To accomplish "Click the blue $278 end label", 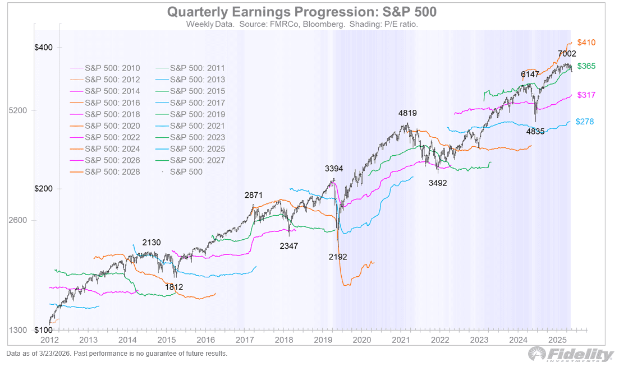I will pyautogui.click(x=585, y=122).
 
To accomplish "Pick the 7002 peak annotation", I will pyautogui.click(x=567, y=54).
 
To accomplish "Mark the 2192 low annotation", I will pyautogui.click(x=338, y=257).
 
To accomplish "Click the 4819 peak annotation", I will pyautogui.click(x=407, y=113).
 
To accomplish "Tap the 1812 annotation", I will pyautogui.click(x=174, y=287).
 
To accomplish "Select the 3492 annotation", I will pyautogui.click(x=438, y=183).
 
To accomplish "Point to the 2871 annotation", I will pyautogui.click(x=254, y=195).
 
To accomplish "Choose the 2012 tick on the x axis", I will pyautogui.click(x=50, y=340).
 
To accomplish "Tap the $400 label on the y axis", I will pyautogui.click(x=43, y=48).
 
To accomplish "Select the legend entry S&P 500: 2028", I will pyautogui.click(x=112, y=172).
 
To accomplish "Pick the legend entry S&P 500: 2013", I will pyautogui.click(x=197, y=80).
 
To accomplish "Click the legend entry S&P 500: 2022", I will pyautogui.click(x=112, y=137).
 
